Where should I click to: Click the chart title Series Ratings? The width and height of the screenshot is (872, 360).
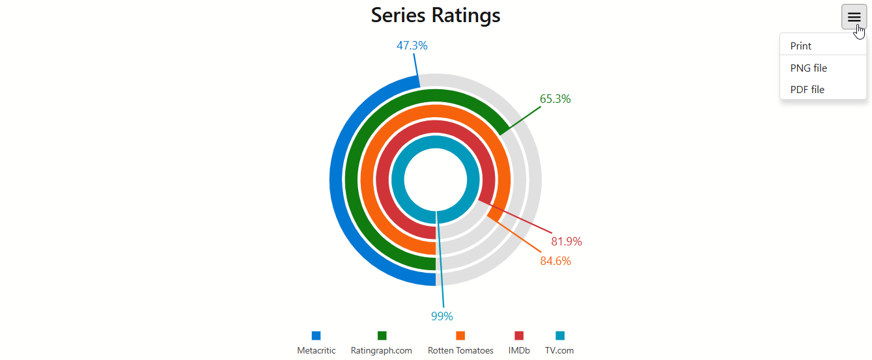click(436, 16)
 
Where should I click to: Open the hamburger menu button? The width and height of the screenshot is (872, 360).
click(854, 17)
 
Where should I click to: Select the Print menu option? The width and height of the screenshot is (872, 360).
click(800, 46)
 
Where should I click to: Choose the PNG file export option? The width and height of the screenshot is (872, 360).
click(809, 68)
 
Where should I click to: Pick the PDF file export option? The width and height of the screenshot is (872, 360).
click(808, 90)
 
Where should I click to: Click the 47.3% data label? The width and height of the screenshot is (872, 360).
click(412, 46)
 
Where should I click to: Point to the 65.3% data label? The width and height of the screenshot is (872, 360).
click(555, 99)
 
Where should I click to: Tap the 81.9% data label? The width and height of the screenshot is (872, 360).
click(567, 242)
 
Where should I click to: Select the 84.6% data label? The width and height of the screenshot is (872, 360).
click(556, 261)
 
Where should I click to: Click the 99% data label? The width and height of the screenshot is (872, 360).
click(442, 316)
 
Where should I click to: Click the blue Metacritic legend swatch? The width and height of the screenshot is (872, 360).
click(316, 335)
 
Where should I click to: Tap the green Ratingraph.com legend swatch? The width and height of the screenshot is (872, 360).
click(382, 335)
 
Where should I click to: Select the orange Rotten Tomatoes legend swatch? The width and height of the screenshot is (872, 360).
click(460, 335)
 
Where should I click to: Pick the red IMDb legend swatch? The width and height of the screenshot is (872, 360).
click(519, 335)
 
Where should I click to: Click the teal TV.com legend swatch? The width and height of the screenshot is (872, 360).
click(560, 335)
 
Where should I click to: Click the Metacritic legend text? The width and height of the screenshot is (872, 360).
click(316, 350)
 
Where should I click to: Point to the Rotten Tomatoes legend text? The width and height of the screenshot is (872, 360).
click(460, 350)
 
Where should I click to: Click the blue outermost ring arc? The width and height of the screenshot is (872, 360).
click(336, 180)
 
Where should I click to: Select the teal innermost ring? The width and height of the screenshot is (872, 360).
click(397, 180)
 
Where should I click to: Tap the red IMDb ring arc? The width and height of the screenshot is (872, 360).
click(382, 180)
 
